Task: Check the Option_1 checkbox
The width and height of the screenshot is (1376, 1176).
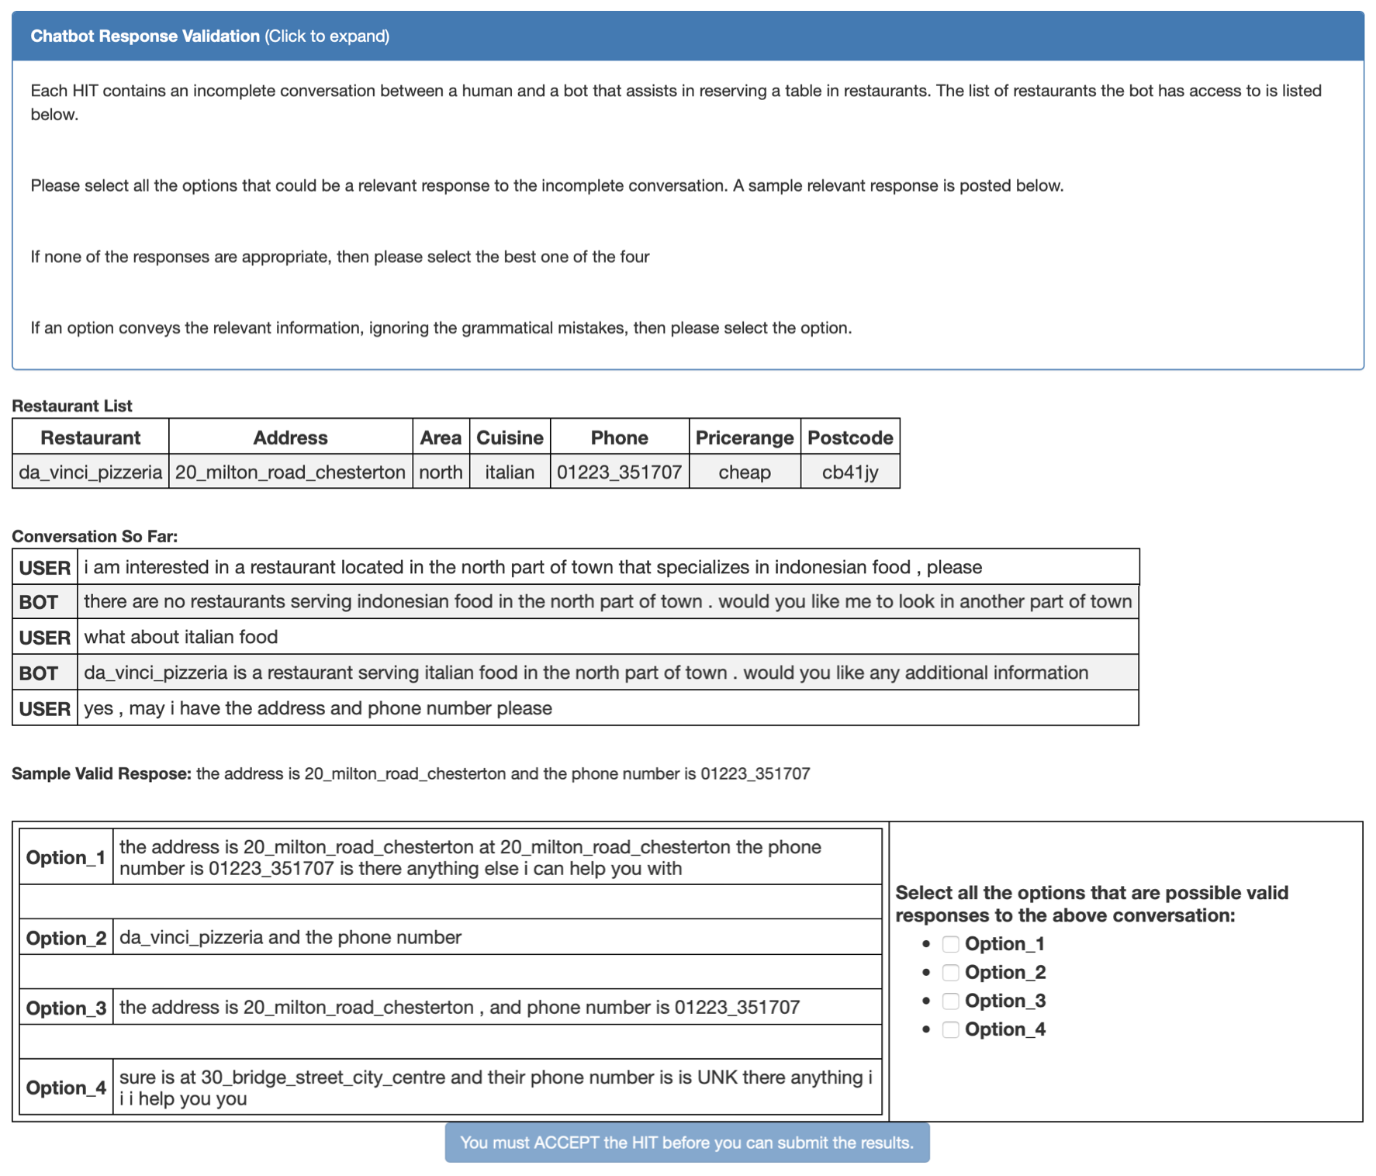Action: [x=950, y=944]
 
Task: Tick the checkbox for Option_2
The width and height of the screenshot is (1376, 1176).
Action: [x=950, y=973]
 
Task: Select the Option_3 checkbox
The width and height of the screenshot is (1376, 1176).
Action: [x=950, y=1001]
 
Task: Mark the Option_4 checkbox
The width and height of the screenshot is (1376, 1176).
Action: [x=950, y=1030]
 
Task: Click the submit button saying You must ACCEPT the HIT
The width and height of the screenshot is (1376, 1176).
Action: [x=686, y=1143]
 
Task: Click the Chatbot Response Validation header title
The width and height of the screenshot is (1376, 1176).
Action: [x=145, y=36]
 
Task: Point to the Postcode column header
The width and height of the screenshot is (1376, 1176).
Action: [x=850, y=438]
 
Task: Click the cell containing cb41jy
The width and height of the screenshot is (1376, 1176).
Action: [x=850, y=472]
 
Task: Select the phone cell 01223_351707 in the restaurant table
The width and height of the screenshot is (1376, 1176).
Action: [x=619, y=472]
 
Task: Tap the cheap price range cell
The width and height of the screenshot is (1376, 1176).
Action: [x=744, y=472]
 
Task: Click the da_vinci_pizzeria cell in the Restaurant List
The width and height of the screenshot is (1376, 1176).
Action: [x=91, y=472]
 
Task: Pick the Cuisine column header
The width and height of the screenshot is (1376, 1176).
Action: [x=510, y=438]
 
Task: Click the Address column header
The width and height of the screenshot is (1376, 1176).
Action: [x=290, y=438]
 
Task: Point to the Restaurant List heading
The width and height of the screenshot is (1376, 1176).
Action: [x=72, y=406]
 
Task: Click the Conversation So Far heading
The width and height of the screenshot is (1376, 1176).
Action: [x=95, y=536]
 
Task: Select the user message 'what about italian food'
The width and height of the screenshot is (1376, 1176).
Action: [x=181, y=637]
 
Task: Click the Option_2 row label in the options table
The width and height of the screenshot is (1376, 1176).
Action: [x=66, y=938]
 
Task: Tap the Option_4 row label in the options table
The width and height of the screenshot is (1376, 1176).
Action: [x=66, y=1088]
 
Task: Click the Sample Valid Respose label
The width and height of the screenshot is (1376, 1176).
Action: [x=101, y=773]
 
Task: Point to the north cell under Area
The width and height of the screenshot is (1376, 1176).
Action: [x=441, y=472]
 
